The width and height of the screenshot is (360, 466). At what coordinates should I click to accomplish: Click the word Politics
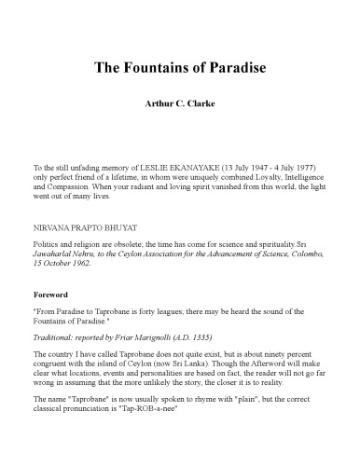point(47,240)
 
